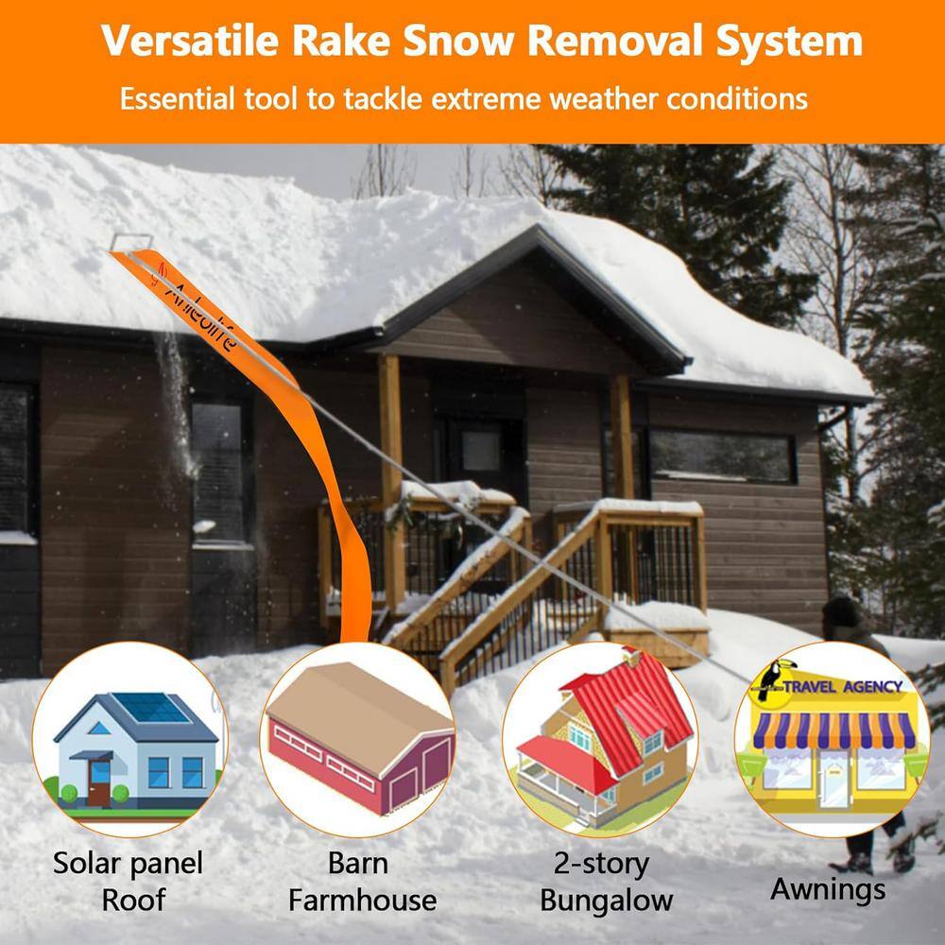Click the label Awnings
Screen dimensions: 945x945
point(828,888)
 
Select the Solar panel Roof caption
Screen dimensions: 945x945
point(128,881)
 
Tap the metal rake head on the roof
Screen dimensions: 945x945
point(129,244)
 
